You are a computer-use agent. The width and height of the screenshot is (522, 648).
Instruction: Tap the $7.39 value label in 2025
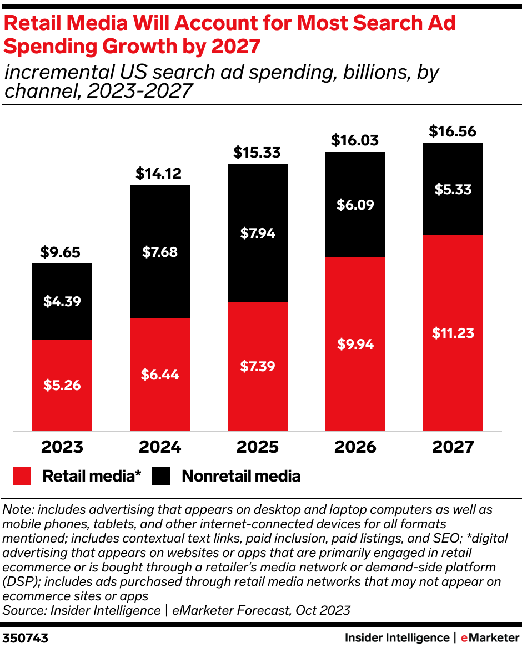[x=257, y=366]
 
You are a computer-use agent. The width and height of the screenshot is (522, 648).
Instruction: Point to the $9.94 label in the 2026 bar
[x=355, y=344]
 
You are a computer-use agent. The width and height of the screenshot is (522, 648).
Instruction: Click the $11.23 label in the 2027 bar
[x=453, y=333]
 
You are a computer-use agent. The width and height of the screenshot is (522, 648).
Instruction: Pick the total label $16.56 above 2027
[x=453, y=132]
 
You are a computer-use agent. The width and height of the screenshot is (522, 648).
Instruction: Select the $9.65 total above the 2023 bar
[x=61, y=253]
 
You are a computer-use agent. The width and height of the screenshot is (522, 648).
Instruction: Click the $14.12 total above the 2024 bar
[x=159, y=174]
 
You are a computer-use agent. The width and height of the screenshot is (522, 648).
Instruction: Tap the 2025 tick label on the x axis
[x=257, y=447]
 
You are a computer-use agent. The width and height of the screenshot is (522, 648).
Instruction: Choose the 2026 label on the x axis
[x=355, y=447]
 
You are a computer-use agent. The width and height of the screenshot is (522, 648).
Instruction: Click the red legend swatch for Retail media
[x=23, y=476]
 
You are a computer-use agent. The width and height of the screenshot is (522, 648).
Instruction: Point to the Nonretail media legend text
[x=241, y=476]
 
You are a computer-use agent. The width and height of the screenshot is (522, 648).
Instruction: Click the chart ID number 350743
[x=26, y=638]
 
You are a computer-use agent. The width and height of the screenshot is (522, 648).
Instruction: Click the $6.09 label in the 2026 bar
[x=355, y=205]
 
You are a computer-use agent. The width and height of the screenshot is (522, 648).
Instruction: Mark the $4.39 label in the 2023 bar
[x=62, y=302]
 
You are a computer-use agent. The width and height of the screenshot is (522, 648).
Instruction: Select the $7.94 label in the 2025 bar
[x=257, y=233]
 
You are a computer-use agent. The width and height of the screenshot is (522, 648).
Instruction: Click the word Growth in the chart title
[x=133, y=47]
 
